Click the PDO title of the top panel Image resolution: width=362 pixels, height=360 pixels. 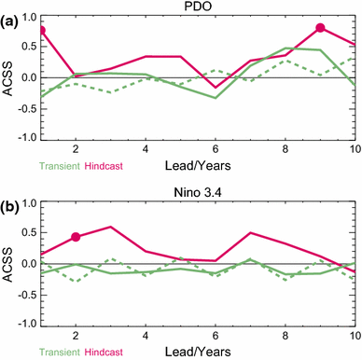[x=198, y=7]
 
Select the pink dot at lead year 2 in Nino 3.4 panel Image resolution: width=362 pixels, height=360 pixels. [x=76, y=237]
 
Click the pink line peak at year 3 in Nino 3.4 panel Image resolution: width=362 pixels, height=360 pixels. [x=110, y=227]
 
